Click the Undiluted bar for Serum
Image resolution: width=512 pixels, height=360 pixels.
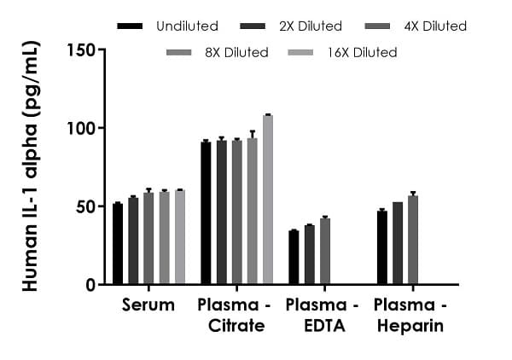(118, 244)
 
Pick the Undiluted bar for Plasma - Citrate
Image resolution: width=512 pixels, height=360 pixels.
(206, 213)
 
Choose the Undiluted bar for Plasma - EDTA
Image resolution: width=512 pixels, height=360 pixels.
(294, 258)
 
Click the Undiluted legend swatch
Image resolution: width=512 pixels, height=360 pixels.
(130, 26)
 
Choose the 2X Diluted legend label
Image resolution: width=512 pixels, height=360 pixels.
(309, 26)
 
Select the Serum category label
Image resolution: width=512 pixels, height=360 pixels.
(148, 305)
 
